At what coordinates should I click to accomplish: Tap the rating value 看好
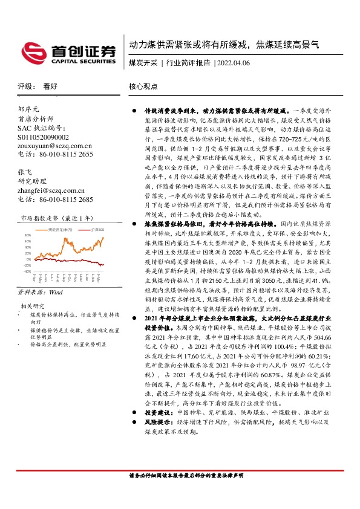click(50, 86)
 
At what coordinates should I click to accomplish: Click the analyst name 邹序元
click(28, 109)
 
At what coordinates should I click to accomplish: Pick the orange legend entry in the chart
click(61, 230)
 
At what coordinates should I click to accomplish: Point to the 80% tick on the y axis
click(27, 235)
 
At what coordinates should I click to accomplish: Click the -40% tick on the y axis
click(27, 271)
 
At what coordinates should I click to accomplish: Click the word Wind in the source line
click(56, 291)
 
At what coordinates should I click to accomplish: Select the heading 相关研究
click(31, 306)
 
